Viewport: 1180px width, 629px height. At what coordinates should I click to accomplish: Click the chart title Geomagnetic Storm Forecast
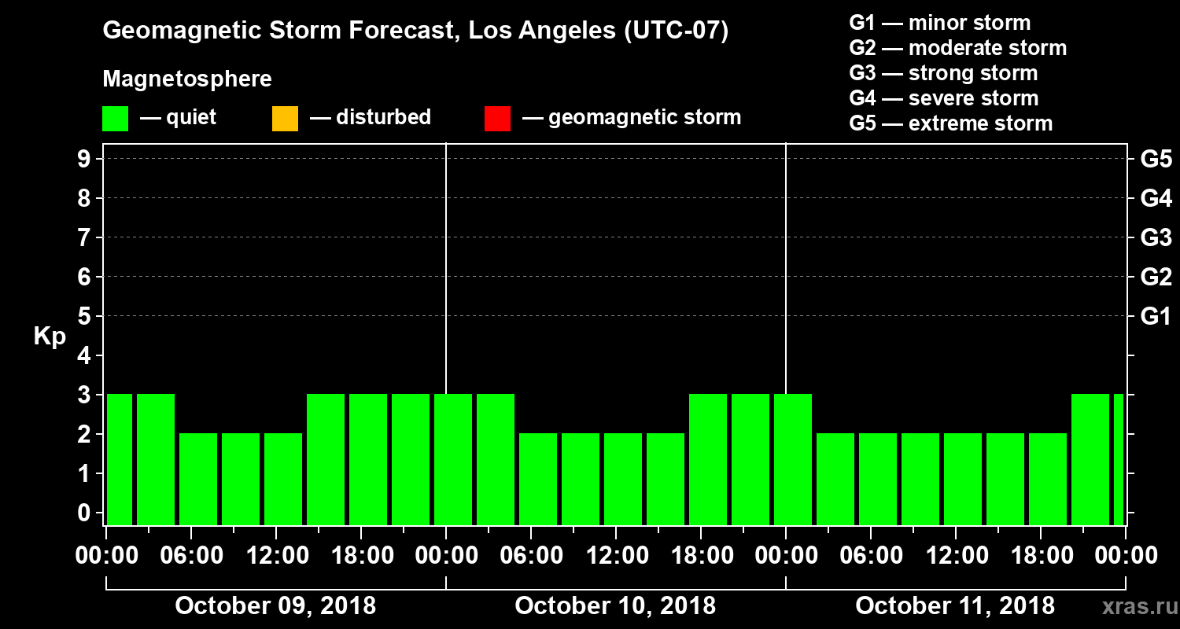tap(415, 31)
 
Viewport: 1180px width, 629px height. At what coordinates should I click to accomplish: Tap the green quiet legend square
tap(115, 118)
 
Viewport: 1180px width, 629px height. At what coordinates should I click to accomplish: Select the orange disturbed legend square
tap(285, 118)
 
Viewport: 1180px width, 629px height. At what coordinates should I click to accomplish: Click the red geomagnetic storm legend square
tap(497, 118)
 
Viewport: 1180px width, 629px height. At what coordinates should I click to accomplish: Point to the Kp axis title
tap(50, 337)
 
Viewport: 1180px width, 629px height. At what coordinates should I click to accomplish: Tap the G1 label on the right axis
tap(1156, 317)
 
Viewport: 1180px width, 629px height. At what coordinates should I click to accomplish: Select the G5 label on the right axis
tap(1156, 160)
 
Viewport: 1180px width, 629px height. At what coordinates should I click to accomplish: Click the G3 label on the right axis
tap(1156, 238)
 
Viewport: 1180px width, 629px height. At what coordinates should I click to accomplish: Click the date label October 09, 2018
tap(275, 606)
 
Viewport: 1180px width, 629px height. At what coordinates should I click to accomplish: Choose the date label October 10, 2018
tap(615, 606)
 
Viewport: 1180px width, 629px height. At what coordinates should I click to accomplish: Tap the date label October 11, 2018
tap(955, 606)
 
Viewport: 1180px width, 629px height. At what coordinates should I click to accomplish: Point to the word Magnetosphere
tap(187, 79)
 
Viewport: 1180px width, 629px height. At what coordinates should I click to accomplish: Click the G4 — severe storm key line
tap(944, 98)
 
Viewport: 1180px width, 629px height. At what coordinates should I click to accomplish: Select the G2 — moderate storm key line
tap(958, 48)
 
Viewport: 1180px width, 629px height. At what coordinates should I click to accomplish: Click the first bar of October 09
tap(120, 459)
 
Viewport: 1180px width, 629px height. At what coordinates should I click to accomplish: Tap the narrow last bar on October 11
tap(1118, 459)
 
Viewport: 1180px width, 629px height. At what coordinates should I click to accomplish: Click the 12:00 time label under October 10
tap(615, 556)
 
